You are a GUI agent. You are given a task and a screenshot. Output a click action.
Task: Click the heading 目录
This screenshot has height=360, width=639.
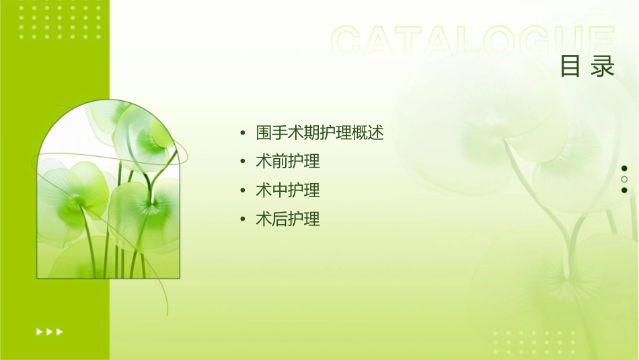click(588, 67)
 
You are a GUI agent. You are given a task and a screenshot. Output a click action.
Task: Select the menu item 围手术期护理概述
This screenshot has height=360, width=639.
click(319, 133)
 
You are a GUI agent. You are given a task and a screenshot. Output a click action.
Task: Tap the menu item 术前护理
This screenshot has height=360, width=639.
click(287, 161)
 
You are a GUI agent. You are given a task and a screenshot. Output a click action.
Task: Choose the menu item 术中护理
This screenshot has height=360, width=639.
click(287, 190)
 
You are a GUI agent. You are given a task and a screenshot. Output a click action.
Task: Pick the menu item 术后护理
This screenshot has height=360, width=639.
click(287, 219)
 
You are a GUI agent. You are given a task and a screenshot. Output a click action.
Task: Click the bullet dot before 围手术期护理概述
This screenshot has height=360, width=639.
click(242, 133)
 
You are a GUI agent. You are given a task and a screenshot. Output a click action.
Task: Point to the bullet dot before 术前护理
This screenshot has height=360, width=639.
click(242, 162)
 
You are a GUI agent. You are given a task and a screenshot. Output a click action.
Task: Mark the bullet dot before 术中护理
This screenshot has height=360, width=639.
click(242, 191)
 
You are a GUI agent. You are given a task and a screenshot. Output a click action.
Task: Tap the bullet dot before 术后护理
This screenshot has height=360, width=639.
click(242, 219)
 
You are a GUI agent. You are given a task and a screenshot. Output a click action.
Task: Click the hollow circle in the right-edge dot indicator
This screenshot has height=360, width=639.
click(624, 179)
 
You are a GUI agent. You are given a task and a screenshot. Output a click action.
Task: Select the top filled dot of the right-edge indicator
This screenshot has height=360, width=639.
click(624, 168)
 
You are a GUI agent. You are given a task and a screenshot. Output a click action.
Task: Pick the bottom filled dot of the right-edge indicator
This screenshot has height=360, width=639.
click(624, 190)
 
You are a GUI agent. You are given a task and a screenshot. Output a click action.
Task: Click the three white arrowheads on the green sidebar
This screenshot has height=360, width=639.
click(50, 331)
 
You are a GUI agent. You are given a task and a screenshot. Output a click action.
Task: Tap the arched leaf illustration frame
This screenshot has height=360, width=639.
click(108, 192)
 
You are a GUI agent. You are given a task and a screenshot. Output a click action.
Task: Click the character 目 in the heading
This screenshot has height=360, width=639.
click(570, 67)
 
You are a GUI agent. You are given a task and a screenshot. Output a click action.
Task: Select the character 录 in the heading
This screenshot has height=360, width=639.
click(603, 67)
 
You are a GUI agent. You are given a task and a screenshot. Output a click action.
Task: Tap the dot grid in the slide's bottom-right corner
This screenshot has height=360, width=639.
click(535, 342)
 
